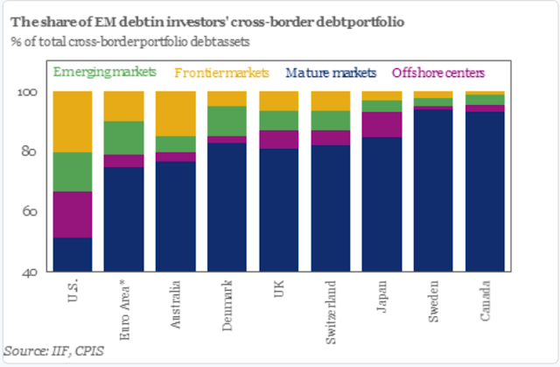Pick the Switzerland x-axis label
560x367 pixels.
coord(331,306)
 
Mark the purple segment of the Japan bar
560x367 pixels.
coord(382,124)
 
